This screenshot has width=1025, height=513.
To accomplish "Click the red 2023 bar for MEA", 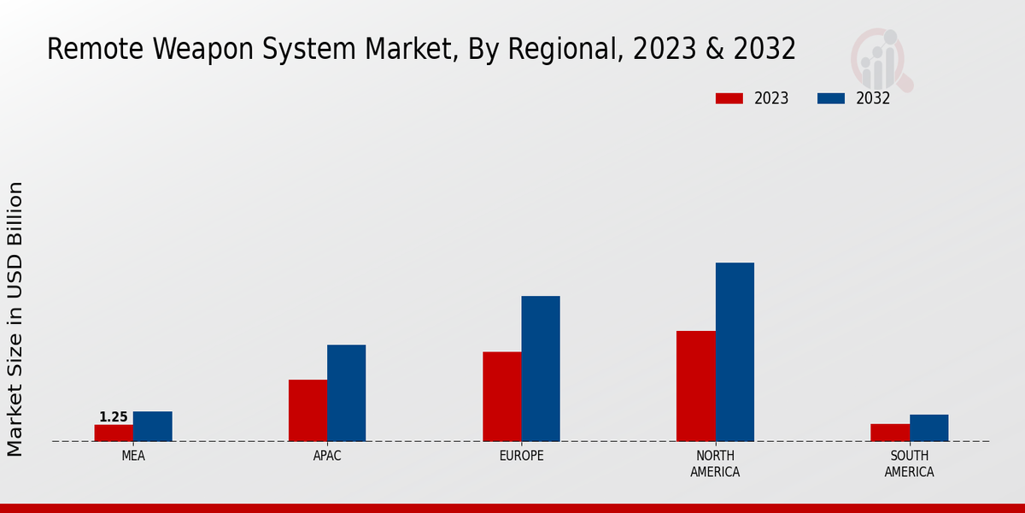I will (x=114, y=433).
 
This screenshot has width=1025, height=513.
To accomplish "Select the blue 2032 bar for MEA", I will (x=152, y=426).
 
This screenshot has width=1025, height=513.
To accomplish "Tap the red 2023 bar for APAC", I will (x=307, y=410).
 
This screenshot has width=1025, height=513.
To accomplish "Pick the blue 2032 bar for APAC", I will (x=346, y=393).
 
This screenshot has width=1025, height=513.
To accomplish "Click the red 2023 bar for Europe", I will (x=501, y=397).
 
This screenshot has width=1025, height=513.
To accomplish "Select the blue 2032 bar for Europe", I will (x=541, y=369).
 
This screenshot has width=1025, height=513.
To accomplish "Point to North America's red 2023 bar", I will (x=695, y=386).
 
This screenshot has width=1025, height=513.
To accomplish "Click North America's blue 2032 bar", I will (x=735, y=351).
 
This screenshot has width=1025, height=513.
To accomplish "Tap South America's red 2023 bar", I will (x=889, y=433).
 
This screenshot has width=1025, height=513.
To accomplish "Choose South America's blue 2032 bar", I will (x=928, y=427).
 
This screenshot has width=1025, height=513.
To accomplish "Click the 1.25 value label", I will (x=114, y=417).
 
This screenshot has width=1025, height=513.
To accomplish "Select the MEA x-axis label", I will (x=133, y=456).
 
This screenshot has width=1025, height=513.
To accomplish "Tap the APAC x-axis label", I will (x=327, y=456).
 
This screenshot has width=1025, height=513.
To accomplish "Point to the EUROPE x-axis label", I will (x=521, y=456).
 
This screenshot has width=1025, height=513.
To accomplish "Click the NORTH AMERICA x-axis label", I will (x=715, y=463).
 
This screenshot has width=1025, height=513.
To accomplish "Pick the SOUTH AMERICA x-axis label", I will (x=909, y=463).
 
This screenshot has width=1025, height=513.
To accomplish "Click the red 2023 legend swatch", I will (x=729, y=98).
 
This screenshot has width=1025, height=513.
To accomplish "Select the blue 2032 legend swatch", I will (x=830, y=98).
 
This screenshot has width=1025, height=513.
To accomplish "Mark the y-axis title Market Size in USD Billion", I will (x=15, y=318).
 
